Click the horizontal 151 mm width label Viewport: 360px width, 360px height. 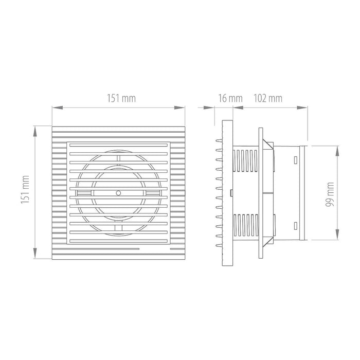[121, 98]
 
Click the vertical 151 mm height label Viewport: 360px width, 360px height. [25, 189]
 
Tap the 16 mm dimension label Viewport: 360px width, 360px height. [230, 98]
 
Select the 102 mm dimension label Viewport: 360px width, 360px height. [268, 98]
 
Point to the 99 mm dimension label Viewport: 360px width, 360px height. [330, 194]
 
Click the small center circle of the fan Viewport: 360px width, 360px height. [118, 193]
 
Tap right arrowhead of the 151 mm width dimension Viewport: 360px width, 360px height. [179, 107]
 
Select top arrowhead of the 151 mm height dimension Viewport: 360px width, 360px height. [35, 132]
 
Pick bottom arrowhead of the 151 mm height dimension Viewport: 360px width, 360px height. [35, 253]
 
